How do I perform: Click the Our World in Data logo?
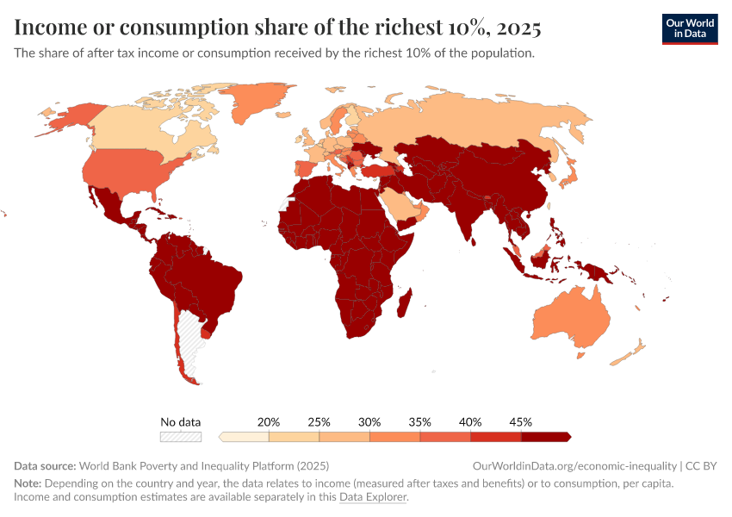[x=689, y=28]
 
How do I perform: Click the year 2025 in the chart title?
[x=518, y=28]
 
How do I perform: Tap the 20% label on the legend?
[x=269, y=422]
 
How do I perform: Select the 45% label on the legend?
[x=520, y=422]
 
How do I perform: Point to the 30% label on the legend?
[x=369, y=422]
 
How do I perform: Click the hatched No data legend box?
[x=181, y=437]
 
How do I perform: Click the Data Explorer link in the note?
[x=372, y=497]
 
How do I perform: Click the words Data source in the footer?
[x=45, y=465]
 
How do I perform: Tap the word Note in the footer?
[x=28, y=483]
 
